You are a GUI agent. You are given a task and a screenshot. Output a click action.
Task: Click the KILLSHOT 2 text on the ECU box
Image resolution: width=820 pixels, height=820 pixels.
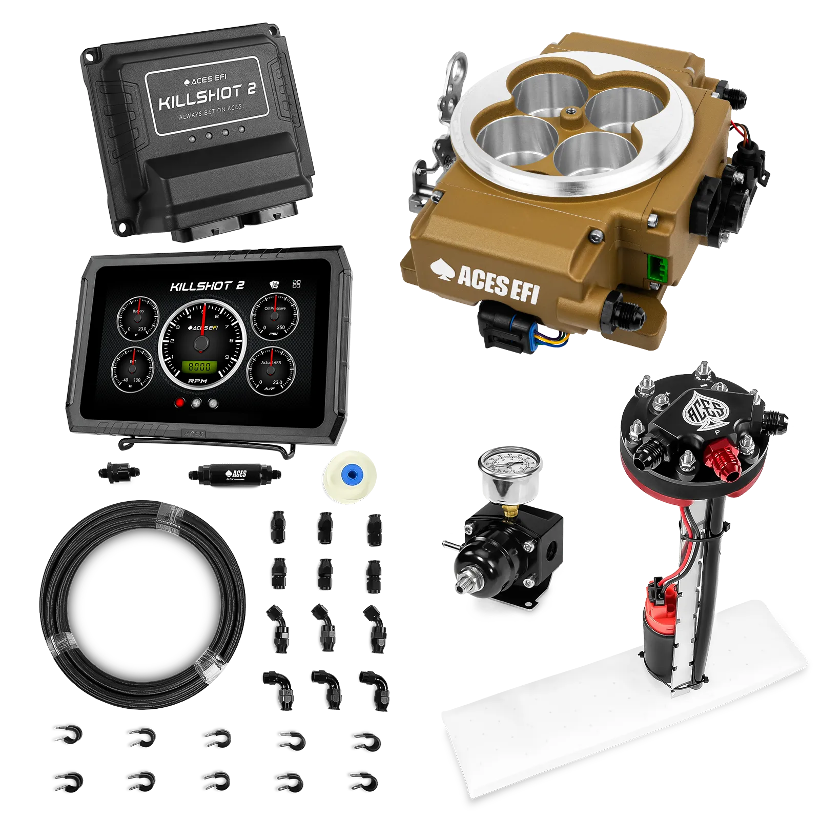tap(207, 96)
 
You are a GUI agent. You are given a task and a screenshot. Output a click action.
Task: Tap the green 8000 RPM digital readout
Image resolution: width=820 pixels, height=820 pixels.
tap(199, 366)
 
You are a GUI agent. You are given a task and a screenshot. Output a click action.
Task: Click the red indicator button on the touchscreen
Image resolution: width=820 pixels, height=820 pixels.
tap(180, 403)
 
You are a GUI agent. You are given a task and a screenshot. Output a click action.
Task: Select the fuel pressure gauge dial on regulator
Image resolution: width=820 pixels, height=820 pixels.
tap(506, 466)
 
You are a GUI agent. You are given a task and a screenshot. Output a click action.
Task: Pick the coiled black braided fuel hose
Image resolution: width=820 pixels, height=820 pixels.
tap(141, 605)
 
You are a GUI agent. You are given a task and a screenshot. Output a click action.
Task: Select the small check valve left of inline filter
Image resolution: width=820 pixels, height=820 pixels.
tap(119, 470)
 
